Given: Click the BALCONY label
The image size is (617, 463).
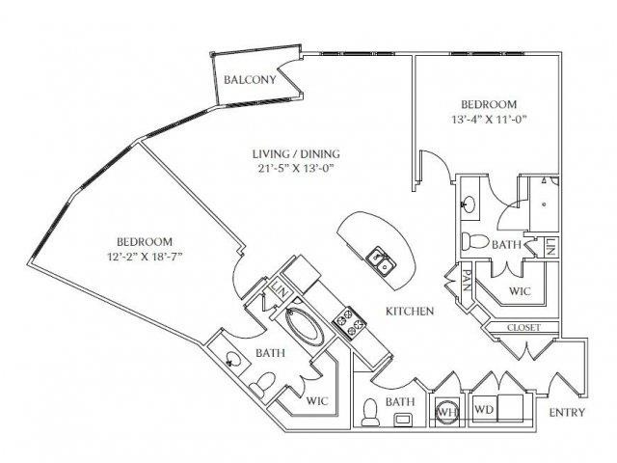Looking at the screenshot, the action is pos(250,80).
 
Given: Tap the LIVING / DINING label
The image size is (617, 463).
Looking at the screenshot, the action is pos(296,153).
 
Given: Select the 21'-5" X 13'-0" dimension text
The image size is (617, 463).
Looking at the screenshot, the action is pos(296,169).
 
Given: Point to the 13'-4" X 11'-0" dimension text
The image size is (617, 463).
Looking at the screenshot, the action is pos(489,119).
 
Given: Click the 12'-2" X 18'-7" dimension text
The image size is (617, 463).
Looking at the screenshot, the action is pos(146,257).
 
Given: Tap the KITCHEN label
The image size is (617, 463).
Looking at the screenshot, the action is pos(410,311).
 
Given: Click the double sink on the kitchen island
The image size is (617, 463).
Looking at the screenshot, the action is pos(379,263).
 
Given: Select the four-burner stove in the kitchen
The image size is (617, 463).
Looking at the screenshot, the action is pos(349,322).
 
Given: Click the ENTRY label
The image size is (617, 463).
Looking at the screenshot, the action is pos(567,412).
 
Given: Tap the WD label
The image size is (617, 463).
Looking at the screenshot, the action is pos(484,409).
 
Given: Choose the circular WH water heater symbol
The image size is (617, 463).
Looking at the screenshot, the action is pos(447,412).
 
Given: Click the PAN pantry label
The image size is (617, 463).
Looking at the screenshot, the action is pos(467,280).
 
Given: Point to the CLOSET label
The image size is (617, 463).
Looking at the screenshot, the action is pos(523,328).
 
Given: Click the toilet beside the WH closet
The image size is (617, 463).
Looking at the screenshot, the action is pos(370,412).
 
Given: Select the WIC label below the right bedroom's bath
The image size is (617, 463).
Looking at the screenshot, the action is pos(520,291).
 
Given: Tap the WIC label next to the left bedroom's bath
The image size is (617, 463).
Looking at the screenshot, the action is pos(317,401).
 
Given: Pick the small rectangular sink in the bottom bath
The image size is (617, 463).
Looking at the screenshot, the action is pos(404,419).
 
